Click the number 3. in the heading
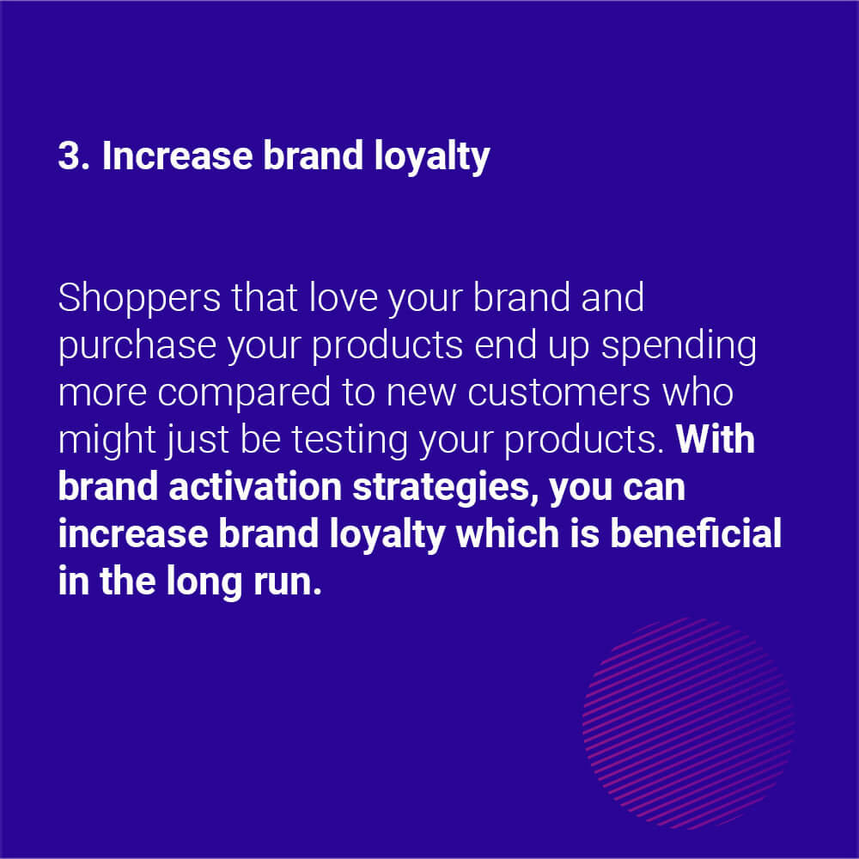[x=74, y=155]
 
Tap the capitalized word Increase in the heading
[x=178, y=155]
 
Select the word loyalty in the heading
[x=432, y=158]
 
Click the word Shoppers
[x=139, y=300]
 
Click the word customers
[x=559, y=394]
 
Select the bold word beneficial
[x=696, y=533]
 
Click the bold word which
[x=508, y=533]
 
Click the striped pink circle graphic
[x=688, y=723]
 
